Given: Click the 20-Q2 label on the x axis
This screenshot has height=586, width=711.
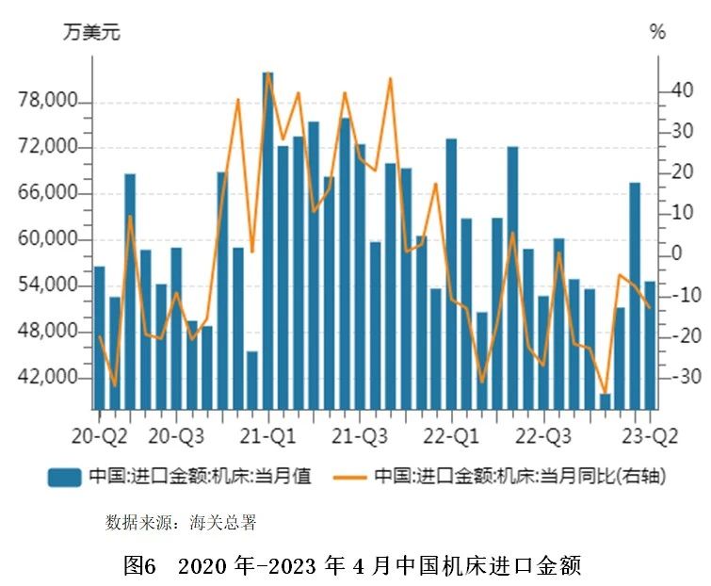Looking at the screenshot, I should [x=99, y=436].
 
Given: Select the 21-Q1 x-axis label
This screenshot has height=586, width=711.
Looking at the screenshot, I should [x=270, y=436].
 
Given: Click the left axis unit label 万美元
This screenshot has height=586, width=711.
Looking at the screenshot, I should [x=91, y=32].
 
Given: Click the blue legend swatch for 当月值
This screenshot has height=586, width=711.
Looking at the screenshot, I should [x=65, y=477].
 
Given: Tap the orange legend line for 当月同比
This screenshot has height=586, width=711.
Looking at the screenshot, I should [x=353, y=477].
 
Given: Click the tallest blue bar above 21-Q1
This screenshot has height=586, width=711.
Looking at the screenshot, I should [x=267, y=240].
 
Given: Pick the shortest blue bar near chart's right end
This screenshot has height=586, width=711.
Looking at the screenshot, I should [x=605, y=401].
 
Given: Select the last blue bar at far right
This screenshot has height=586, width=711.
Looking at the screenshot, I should [x=650, y=345].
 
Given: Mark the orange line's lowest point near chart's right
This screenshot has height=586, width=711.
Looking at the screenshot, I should [x=605, y=393].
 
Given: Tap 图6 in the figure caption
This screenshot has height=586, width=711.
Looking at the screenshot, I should [x=140, y=565].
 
